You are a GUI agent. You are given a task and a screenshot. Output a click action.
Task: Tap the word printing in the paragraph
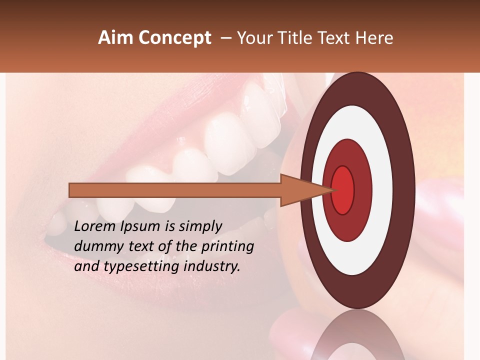pos(227,247)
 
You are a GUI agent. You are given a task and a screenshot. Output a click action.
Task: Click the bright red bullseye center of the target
pos(343,190)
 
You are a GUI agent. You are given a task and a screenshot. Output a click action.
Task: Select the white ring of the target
pos(357,125)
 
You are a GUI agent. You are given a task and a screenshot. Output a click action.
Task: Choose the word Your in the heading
pos(254,38)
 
